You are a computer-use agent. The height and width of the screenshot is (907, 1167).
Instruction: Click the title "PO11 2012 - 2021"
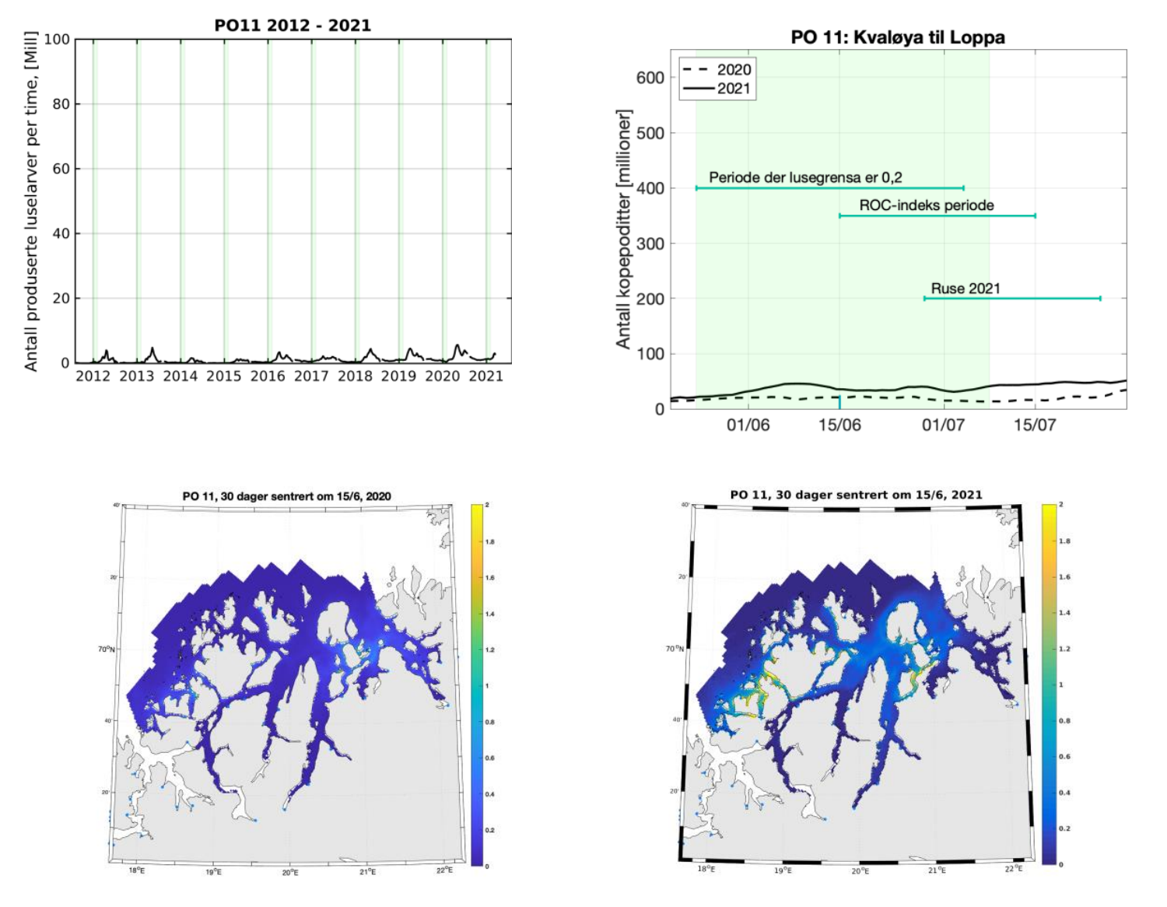(293, 25)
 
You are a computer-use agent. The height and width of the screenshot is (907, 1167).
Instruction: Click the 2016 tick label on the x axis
(268, 376)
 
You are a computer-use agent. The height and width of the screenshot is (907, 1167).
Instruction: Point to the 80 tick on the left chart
(61, 103)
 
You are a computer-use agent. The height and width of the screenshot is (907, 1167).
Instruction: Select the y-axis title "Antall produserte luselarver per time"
(31, 201)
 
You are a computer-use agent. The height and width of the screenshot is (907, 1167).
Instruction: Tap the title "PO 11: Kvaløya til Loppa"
(898, 37)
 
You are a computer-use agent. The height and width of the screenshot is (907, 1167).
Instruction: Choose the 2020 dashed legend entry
(717, 69)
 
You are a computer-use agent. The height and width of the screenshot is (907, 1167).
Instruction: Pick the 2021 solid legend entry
(717, 88)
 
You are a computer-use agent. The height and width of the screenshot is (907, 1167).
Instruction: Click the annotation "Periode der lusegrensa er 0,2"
(805, 177)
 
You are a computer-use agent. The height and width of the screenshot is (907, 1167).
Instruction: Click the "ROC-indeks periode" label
(927, 205)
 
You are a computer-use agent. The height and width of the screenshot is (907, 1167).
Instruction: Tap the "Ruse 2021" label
(965, 289)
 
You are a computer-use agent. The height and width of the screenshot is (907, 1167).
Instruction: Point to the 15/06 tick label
(839, 425)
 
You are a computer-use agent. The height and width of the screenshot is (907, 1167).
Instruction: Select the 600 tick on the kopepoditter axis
(650, 78)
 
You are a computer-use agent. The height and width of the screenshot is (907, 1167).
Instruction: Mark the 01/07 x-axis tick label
(944, 425)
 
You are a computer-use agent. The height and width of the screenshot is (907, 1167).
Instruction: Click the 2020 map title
(287, 496)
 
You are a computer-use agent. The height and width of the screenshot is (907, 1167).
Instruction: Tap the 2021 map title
(856, 495)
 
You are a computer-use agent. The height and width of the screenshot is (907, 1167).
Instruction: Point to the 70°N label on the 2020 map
(106, 649)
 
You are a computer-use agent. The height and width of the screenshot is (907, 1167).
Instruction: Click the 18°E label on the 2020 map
(136, 871)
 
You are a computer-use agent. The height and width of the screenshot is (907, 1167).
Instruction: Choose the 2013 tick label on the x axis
(137, 376)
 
